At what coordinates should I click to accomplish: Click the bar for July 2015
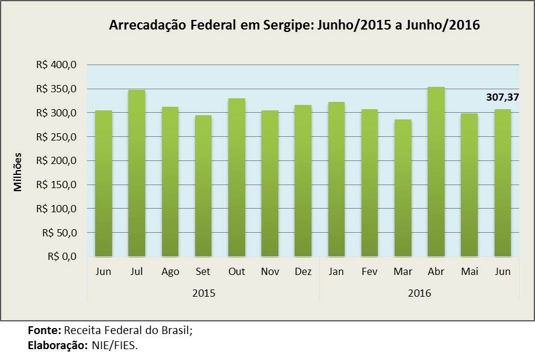[x=137, y=173]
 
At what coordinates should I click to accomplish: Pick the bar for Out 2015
[x=237, y=177]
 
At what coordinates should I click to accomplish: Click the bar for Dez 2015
[x=303, y=181]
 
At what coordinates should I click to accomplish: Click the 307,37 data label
[x=502, y=96]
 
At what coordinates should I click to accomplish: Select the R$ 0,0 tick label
[x=61, y=257]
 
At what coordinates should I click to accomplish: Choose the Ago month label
[x=171, y=272]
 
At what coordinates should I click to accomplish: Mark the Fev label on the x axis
[x=370, y=272]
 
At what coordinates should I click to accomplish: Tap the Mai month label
[x=469, y=272]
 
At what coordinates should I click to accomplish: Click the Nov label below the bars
[x=270, y=272]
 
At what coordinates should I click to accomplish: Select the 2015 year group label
[x=204, y=293]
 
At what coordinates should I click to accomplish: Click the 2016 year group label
[x=419, y=293]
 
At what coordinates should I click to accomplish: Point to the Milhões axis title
[x=18, y=172]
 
